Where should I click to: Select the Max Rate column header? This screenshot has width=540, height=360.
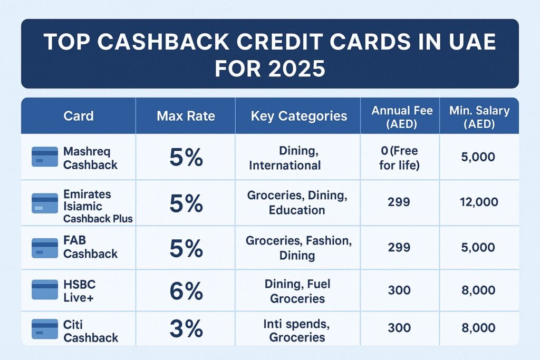[186, 116]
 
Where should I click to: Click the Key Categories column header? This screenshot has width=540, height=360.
[299, 116]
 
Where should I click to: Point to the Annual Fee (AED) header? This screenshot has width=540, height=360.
[402, 116]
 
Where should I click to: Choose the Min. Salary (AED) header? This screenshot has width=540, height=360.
[479, 116]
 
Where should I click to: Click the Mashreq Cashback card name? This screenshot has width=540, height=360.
[90, 158]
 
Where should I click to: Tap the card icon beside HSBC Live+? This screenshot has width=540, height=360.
[45, 290]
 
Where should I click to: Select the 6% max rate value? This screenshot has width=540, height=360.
[186, 291]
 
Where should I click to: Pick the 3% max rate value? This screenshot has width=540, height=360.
[186, 329]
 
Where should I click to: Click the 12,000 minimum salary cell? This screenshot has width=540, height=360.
[480, 202]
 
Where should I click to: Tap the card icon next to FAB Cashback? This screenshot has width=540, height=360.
[45, 247]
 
